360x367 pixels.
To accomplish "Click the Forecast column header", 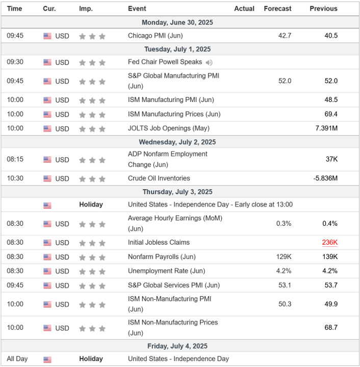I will pos(277,9).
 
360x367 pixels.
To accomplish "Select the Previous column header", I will pos(323,9).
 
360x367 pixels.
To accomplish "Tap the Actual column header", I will pos(244,9).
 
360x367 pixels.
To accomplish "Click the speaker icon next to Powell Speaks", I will pos(209,62).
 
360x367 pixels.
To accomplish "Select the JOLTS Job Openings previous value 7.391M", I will pos(326,128).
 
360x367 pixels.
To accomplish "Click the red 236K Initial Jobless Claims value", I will pos(329,243).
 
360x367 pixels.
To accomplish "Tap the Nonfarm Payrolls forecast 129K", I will pos(284,257).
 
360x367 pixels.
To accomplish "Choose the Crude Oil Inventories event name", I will pos(159,178).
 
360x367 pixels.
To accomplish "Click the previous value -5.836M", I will pos(325,178).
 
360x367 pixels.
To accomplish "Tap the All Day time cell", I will pos(17,359).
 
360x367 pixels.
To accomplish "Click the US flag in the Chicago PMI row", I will pos(47,36).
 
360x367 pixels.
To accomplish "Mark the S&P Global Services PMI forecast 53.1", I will pos(285,285).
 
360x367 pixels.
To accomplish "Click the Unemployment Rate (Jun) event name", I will pos(166,271).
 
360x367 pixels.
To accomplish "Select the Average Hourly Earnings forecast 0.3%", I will pos(284,224).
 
